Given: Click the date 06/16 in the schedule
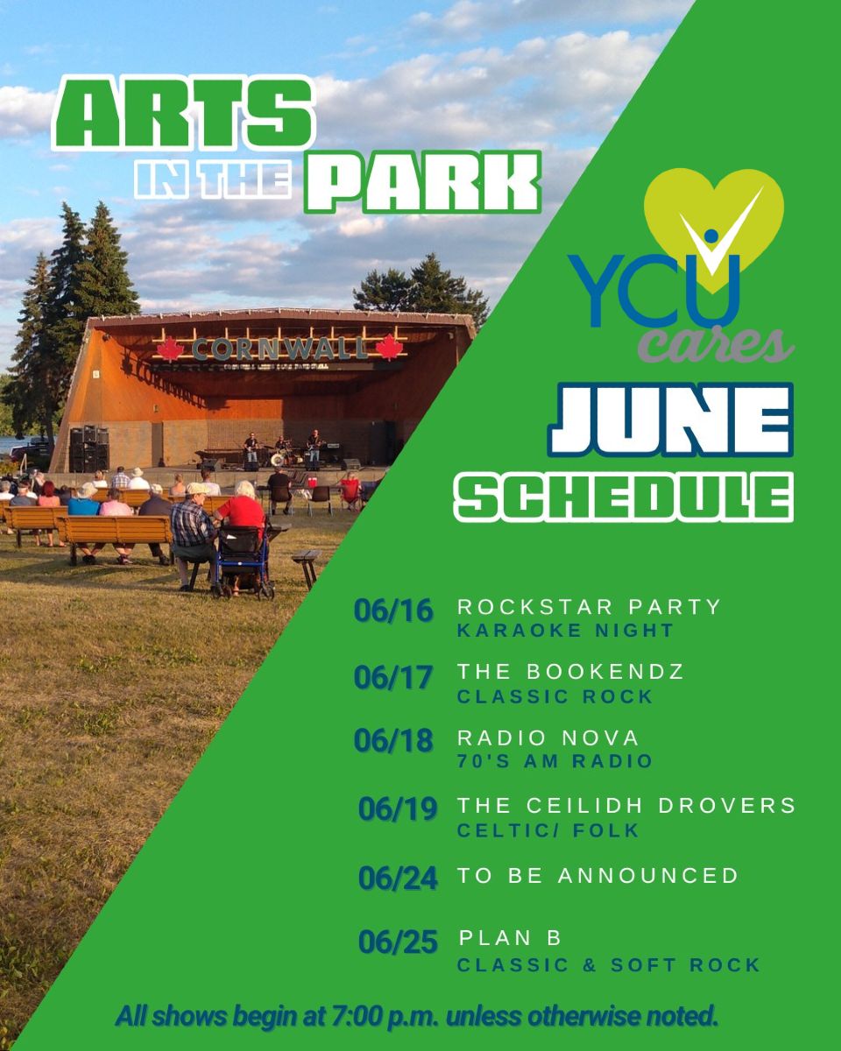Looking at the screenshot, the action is coord(393,611).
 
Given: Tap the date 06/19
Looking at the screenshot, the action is coord(398,808).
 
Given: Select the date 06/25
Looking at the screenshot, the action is coord(398,942).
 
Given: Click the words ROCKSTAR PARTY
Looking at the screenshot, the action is coord(589,607).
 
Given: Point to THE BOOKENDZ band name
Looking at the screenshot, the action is coord(570,672).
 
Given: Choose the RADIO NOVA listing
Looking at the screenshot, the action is coord(548,737).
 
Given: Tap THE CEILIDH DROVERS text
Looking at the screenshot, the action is coord(626,805).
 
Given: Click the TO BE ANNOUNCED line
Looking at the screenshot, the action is coord(597,875).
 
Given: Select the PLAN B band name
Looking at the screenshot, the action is coord(510,938).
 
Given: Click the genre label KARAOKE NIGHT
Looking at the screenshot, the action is coord(565,630).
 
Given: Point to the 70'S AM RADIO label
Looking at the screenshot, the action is coord(555,761).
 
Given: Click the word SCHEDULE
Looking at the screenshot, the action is coord(623,497).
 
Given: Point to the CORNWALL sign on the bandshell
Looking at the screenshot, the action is coord(279,349).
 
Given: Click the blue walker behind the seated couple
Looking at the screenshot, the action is coord(243,561).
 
